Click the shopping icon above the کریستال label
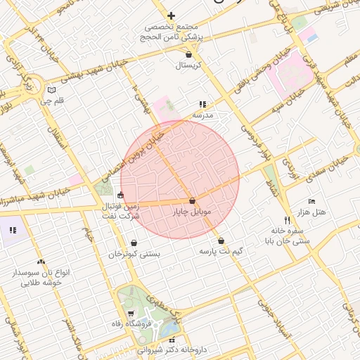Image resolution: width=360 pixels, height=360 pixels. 189,53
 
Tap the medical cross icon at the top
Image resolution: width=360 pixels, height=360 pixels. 171,15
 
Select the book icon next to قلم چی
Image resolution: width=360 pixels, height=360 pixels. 51,90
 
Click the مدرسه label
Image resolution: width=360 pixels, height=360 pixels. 202,115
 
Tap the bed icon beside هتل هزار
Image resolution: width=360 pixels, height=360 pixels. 312,201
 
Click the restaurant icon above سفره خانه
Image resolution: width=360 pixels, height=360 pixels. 287,219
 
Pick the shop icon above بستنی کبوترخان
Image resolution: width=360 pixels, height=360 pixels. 134,243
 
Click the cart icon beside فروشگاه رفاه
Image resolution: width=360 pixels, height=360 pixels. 131,313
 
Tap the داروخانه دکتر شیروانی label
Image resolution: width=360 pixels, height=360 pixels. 172,349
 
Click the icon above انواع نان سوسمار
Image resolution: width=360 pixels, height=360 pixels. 40,262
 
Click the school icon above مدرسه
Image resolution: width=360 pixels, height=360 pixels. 202,104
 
